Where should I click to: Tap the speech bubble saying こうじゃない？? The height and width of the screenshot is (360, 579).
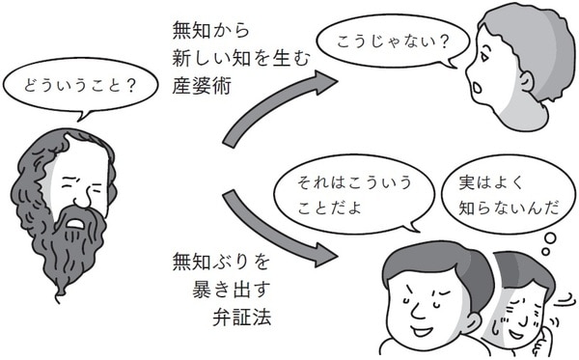click(383, 43)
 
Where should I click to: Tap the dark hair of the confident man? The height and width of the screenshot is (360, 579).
click(425, 253)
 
